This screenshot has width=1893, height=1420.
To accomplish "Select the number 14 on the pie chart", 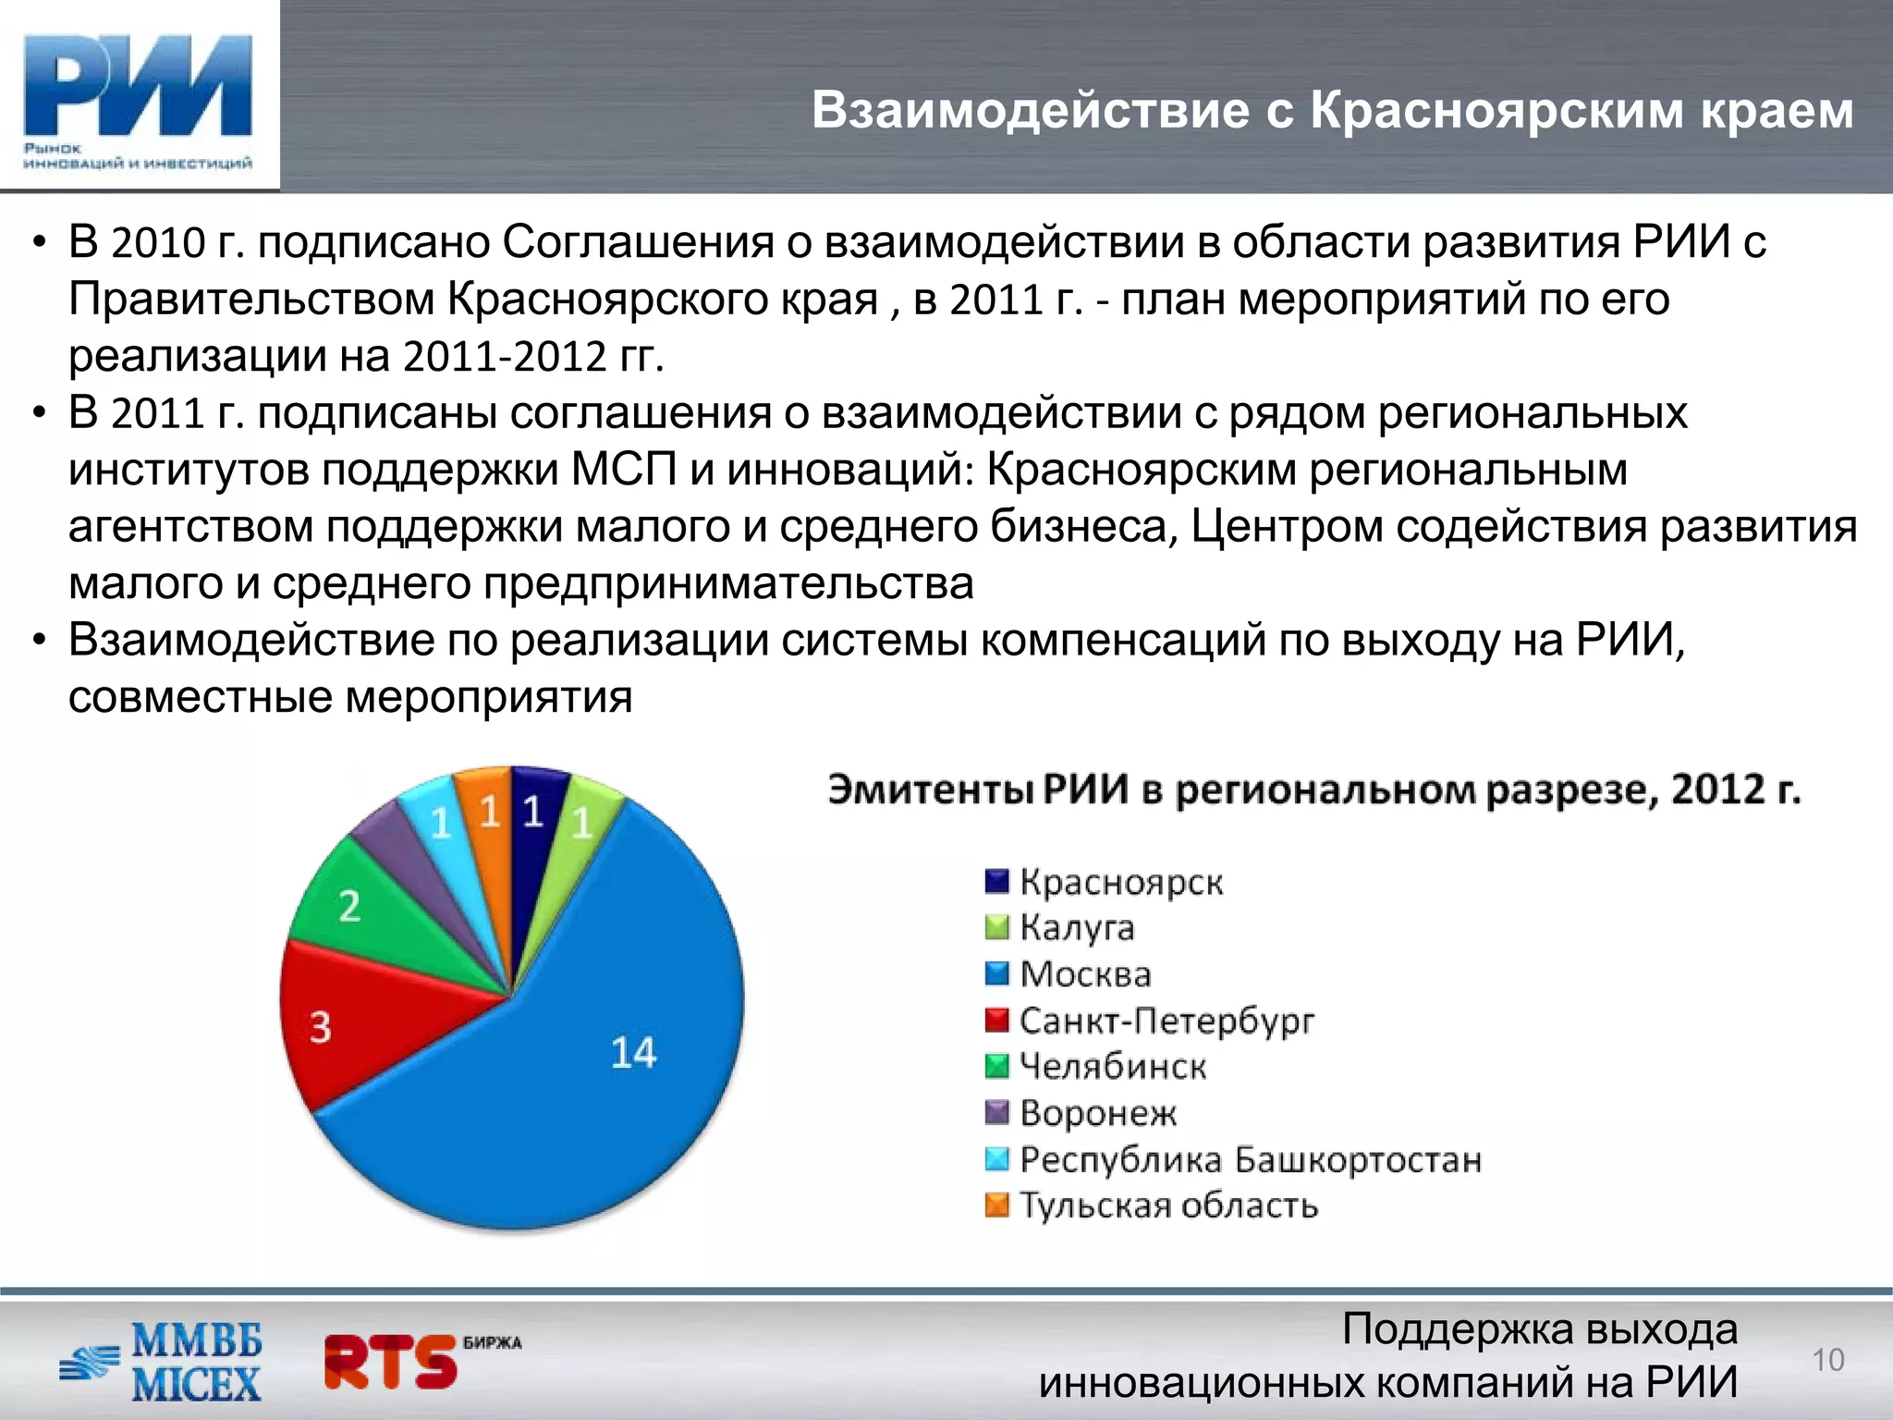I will pyautogui.click(x=633, y=1053).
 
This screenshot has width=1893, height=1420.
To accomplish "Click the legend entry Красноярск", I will pyautogui.click(x=1120, y=882).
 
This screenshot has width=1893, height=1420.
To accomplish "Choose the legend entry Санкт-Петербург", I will pyautogui.click(x=1166, y=1021).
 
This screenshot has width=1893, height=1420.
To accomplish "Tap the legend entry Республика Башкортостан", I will pyautogui.click(x=1250, y=1159).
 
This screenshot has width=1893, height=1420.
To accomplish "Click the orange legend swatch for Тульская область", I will pyautogui.click(x=996, y=1206).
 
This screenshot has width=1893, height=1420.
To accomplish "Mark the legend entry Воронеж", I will pyautogui.click(x=1097, y=1113).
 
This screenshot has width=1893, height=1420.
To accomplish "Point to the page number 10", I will pyautogui.click(x=1827, y=1360).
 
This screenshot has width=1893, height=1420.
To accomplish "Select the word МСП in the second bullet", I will pyautogui.click(x=624, y=470).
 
